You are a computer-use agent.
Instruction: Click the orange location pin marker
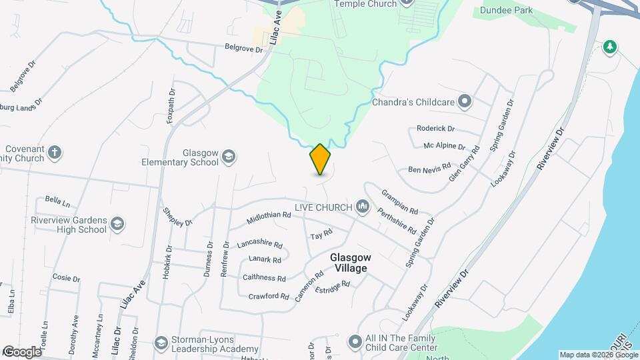tap(321, 159)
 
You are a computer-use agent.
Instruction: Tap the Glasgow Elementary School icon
tap(229, 156)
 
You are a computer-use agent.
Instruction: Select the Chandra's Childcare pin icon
tap(465, 102)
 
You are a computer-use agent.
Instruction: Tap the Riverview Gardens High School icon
tap(117, 223)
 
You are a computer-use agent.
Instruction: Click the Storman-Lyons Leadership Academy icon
tap(160, 343)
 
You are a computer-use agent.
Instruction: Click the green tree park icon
tap(609, 47)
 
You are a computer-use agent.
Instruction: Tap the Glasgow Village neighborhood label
tap(348, 263)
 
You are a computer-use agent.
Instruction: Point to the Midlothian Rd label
tap(269, 215)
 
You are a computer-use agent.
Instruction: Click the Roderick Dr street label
tap(435, 128)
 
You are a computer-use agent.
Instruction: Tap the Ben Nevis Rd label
tap(429, 169)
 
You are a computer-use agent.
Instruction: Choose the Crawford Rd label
tap(268, 296)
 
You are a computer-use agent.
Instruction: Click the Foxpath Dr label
tap(172, 107)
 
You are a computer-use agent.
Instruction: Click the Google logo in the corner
tap(21, 351)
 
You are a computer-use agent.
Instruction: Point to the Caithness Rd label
tap(264, 278)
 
